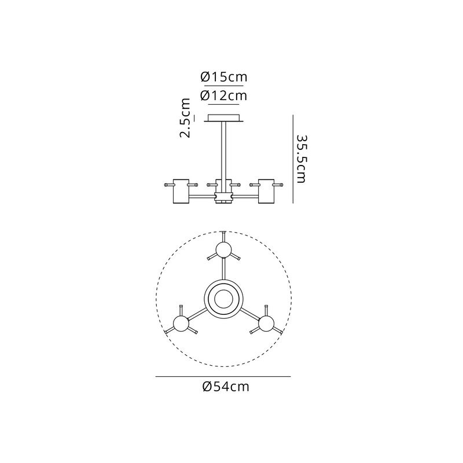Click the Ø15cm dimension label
coord(224,77)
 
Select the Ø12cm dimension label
coord(223,95)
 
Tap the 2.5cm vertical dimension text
coord(185,118)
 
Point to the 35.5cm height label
coord(302,159)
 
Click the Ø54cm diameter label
coord(226,387)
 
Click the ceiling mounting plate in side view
coord(224,118)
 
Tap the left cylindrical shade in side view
coord(181,191)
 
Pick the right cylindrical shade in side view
coord(266,191)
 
